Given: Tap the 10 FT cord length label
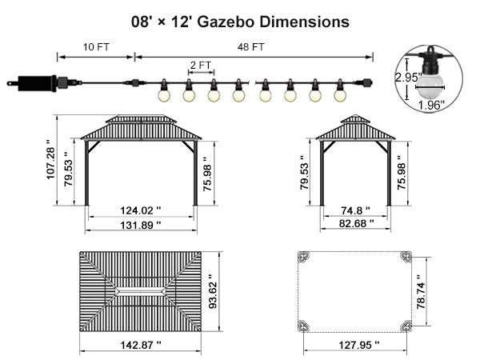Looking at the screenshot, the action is click(x=96, y=47).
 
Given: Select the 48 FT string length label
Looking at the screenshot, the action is click(x=250, y=47).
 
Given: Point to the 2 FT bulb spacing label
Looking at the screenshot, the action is click(x=201, y=66).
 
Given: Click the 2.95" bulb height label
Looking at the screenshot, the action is click(x=408, y=77).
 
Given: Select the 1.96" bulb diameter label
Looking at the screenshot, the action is click(x=431, y=106).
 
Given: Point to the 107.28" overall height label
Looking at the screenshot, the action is click(x=50, y=159).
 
